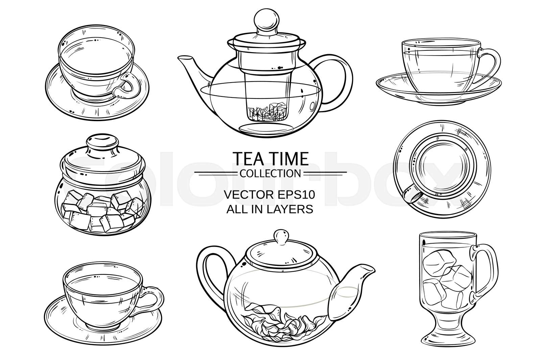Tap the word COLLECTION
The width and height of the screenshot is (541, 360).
270,174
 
